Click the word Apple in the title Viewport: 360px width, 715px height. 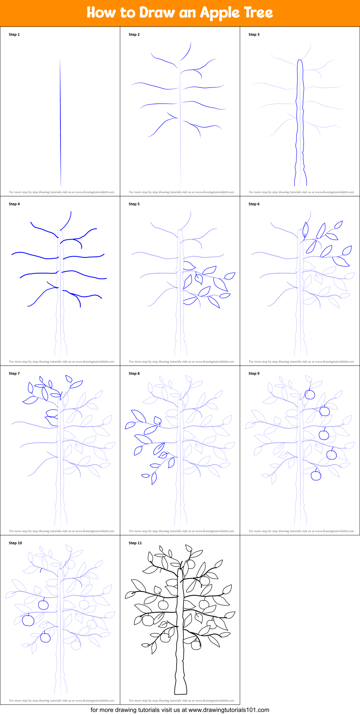[x=219, y=13]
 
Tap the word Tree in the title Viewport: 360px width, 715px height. [x=258, y=12]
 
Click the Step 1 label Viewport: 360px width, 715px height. [x=14, y=35]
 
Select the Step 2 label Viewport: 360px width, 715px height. [x=134, y=35]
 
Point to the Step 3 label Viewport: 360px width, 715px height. [x=254, y=35]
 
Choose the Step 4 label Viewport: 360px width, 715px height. [x=14, y=204]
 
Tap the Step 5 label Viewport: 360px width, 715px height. [x=134, y=204]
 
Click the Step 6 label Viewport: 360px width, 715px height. [x=254, y=204]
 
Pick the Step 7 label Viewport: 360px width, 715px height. [x=14, y=374]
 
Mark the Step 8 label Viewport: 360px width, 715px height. [x=134, y=374]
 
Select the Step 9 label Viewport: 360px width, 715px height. [x=254, y=374]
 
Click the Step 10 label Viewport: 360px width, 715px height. [x=15, y=543]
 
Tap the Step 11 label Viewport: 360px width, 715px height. [x=135, y=543]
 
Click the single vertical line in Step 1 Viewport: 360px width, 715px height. [x=60, y=123]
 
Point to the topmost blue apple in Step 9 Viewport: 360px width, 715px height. [x=310, y=394]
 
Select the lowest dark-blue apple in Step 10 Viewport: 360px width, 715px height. [x=45, y=637]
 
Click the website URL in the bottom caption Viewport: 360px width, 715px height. [x=229, y=710]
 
